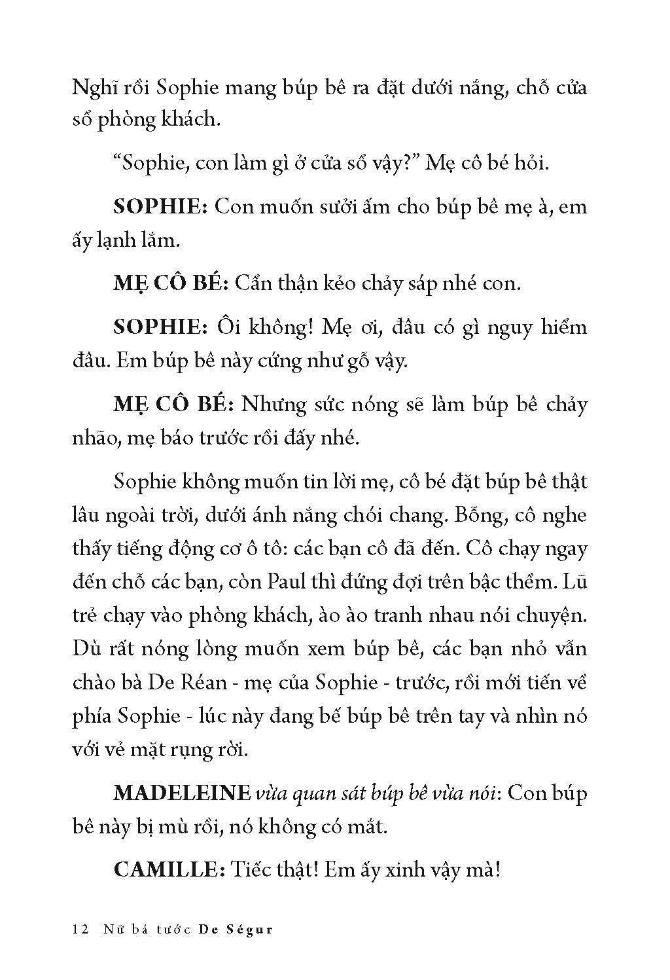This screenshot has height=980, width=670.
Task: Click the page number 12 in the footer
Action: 81,930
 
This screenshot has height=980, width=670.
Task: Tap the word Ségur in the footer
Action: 249,930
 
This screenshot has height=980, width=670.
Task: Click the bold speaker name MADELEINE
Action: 181,793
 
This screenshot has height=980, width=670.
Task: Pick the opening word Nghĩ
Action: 91,88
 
